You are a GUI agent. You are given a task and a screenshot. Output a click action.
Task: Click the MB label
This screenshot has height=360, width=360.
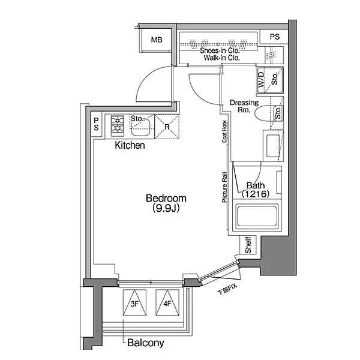157,40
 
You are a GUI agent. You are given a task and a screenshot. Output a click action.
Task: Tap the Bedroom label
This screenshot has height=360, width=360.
166,198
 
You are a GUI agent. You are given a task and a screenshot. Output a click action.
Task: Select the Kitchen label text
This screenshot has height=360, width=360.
130,145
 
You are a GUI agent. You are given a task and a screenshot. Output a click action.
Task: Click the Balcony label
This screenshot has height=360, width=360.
146,343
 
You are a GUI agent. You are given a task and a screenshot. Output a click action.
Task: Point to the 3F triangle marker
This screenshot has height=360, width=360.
134,302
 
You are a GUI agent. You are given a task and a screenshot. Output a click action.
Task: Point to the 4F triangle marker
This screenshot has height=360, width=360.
167,302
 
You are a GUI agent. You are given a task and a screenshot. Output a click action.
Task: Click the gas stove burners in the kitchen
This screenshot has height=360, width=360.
118,126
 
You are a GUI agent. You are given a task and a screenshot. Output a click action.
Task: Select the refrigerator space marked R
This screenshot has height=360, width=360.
167,127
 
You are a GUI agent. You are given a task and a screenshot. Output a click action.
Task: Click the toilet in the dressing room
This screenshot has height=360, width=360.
265,113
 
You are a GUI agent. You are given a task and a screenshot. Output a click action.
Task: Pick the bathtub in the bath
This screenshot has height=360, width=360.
257,216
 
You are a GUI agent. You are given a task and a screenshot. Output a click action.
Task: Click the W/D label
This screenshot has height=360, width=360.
262,80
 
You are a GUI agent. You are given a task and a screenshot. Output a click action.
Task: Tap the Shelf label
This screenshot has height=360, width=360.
248,245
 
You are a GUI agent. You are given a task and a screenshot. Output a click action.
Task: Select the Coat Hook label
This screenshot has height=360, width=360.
224,131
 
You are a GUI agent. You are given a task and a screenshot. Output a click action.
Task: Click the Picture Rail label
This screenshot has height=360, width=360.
224,188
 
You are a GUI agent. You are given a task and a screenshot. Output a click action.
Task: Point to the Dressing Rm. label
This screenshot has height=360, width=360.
244,106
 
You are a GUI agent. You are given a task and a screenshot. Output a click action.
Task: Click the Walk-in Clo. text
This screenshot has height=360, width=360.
221,58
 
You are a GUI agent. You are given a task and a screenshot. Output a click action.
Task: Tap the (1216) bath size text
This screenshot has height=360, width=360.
256,194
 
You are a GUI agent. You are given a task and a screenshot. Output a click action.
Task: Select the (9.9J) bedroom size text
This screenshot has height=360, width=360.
166,208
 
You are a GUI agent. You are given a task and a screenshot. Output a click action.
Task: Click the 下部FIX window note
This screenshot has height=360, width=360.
227,289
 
